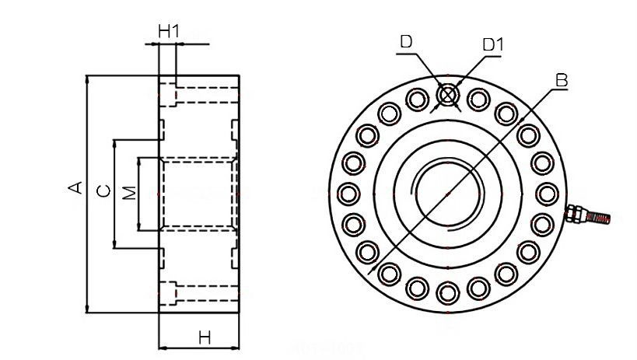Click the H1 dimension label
tap(169, 31)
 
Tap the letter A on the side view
tap(75, 187)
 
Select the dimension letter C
tap(102, 191)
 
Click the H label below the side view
tap(205, 337)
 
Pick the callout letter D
tap(406, 41)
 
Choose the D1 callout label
tap(493, 44)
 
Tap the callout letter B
tap(562, 80)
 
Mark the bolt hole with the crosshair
tap(446, 95)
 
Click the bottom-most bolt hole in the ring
tap(446, 292)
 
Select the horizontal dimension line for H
tap(198, 348)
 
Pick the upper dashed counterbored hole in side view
tap(205, 95)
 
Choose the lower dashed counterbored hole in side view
tap(205, 294)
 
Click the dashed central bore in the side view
tap(198, 194)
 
